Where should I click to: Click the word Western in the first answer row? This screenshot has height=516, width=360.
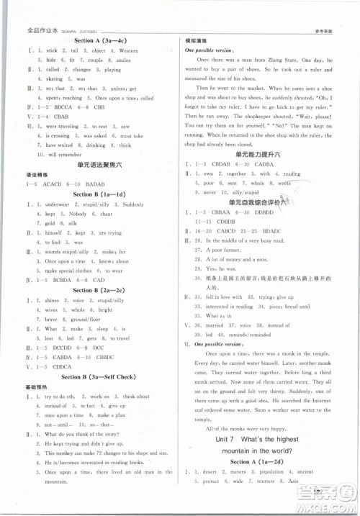coord(128,51)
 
